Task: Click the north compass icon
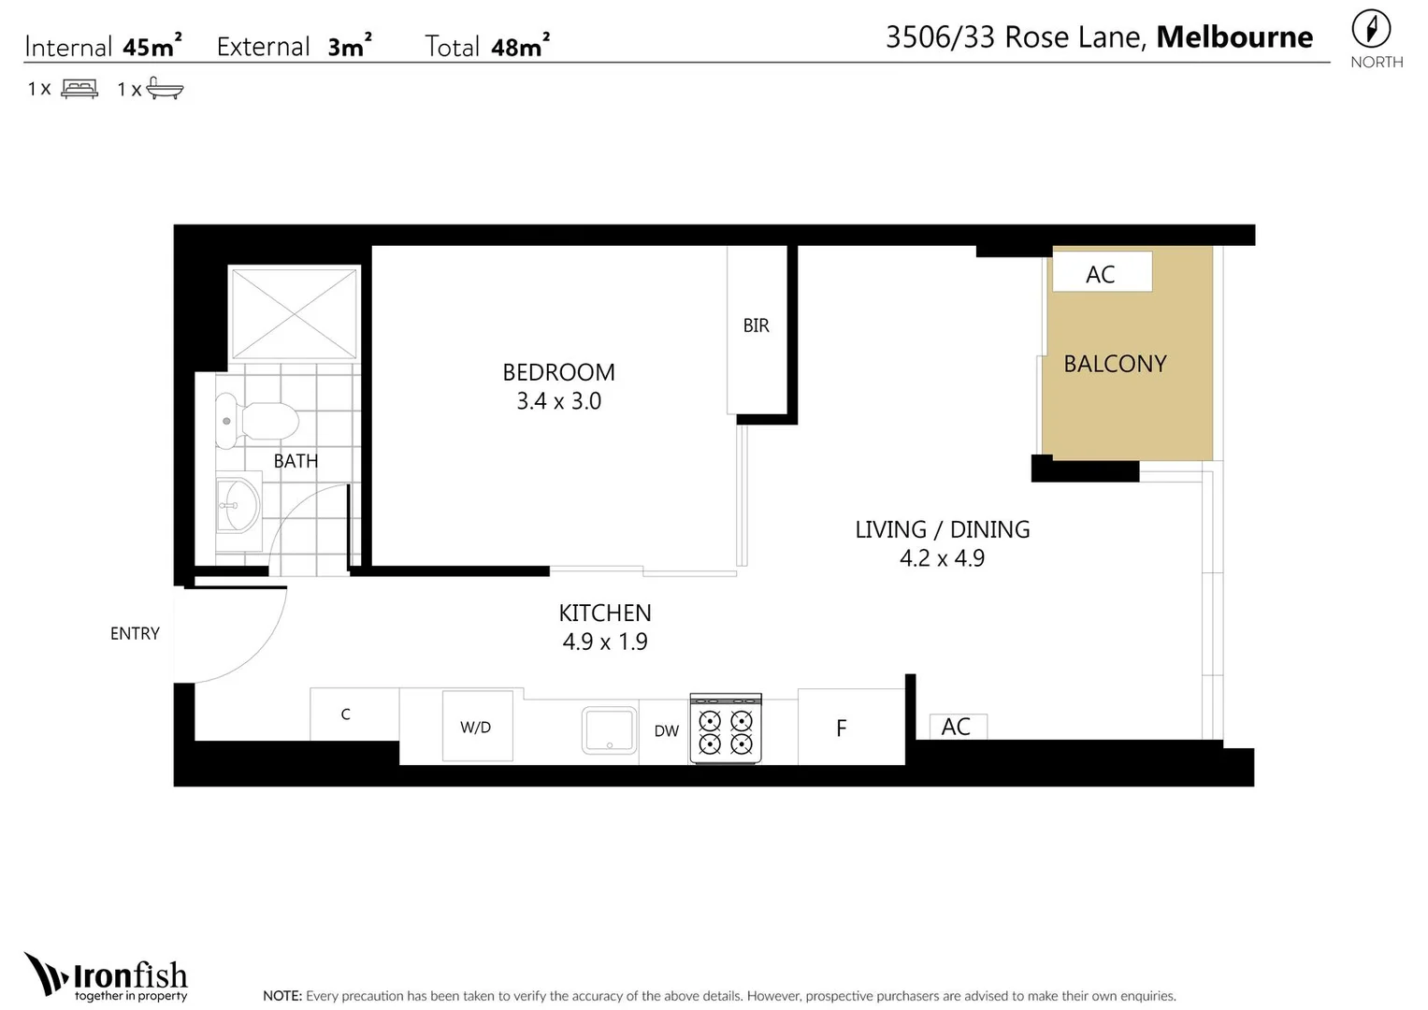(x=1371, y=29)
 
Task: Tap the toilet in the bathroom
(x=257, y=420)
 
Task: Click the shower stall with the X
(x=294, y=313)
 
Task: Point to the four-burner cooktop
(x=726, y=729)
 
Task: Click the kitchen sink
(x=610, y=730)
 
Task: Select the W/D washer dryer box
(x=478, y=726)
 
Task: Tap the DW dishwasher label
(x=666, y=731)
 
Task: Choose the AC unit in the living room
(x=959, y=727)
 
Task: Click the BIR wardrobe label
(x=756, y=325)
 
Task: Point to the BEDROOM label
(x=558, y=372)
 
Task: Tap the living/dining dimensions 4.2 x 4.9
(x=943, y=558)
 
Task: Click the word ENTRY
(x=136, y=633)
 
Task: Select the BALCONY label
(x=1115, y=364)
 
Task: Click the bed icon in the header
(x=79, y=88)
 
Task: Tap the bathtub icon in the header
(x=165, y=88)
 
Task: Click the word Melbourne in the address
(x=1234, y=37)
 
